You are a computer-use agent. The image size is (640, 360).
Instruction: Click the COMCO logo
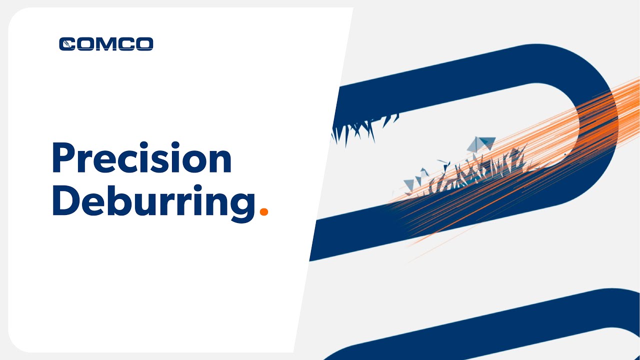tap(106, 44)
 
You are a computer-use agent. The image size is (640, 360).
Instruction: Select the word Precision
tap(141, 158)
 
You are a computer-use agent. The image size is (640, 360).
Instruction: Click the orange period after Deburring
tap(264, 212)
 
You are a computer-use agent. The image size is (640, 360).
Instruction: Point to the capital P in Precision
tap(63, 158)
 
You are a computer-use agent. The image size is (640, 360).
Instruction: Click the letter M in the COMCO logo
tap(106, 44)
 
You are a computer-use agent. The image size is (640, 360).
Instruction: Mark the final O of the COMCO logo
tap(143, 44)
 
